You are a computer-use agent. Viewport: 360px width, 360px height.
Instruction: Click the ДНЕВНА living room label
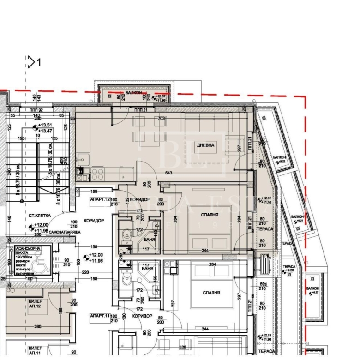206,145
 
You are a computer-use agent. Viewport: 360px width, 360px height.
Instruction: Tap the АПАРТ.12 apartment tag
101,199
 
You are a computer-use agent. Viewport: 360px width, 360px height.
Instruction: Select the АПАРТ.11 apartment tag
101,316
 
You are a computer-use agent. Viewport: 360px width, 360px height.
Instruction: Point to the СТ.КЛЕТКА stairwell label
39,215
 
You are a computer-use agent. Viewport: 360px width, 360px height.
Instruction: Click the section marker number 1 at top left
39,62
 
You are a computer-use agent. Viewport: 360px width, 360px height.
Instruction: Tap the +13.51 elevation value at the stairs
45,125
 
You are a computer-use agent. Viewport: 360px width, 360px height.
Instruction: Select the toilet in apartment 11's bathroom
124,281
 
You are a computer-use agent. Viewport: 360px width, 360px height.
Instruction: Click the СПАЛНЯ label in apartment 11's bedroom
210,293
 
